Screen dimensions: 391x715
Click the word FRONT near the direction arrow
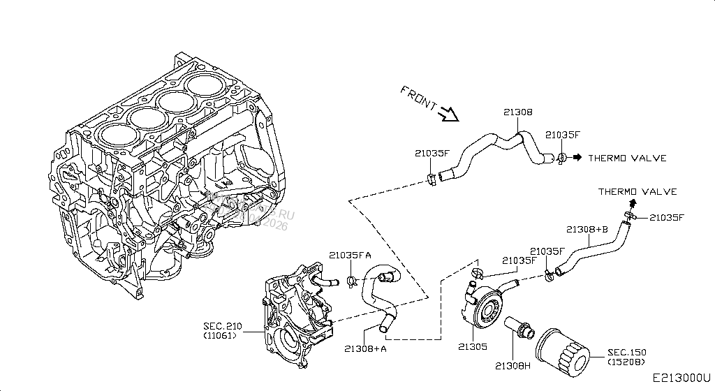point(419,98)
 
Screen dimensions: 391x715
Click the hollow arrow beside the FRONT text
point(447,112)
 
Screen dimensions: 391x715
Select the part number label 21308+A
point(365,348)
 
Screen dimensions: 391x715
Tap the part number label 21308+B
point(587,229)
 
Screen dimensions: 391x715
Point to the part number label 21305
point(473,346)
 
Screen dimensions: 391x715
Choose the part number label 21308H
point(513,365)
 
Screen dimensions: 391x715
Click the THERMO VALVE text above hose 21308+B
point(637,191)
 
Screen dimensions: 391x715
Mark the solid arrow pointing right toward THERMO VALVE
point(577,158)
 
